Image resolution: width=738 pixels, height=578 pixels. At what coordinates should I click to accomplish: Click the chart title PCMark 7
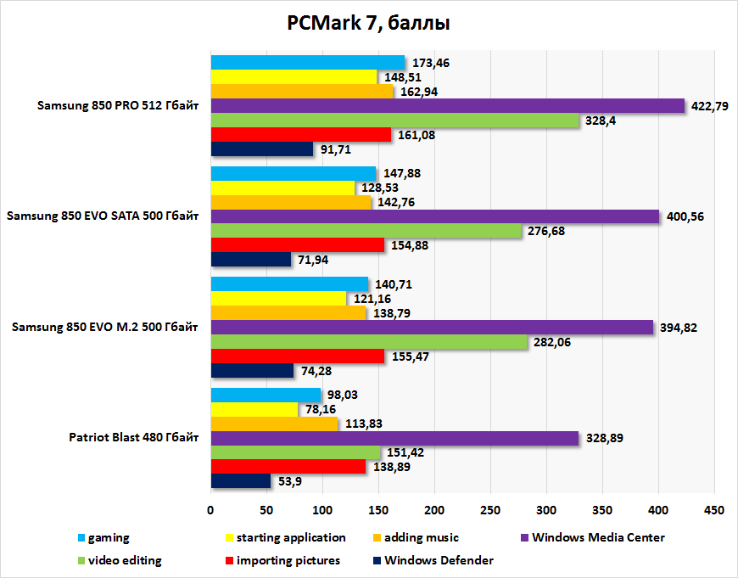[x=368, y=24]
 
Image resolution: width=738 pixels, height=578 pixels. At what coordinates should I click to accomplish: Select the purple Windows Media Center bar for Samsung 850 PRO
[x=447, y=106]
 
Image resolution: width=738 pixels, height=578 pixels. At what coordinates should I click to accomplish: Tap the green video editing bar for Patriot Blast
[x=295, y=452]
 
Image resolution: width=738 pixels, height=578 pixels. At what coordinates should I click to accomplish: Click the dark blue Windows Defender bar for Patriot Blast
[x=241, y=481]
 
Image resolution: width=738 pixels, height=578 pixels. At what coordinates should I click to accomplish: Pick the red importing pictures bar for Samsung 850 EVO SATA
[x=297, y=244]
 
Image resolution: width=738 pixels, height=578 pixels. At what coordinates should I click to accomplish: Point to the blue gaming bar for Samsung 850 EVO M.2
[x=289, y=284]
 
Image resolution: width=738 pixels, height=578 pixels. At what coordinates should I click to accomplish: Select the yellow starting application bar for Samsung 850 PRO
[x=294, y=77]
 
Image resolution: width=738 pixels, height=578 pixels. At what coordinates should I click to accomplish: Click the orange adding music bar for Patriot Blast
[x=274, y=424]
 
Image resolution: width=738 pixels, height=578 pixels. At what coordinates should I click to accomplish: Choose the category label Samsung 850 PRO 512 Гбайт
[x=118, y=106]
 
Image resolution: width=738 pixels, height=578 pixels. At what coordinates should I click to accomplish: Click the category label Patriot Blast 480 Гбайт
[x=134, y=438]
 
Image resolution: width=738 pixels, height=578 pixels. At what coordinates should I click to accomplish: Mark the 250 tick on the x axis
[x=490, y=510]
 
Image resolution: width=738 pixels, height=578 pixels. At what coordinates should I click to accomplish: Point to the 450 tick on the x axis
[x=714, y=510]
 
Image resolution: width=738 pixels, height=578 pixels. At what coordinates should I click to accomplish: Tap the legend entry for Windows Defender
[x=438, y=560]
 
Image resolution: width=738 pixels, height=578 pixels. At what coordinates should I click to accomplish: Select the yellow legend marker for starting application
[x=229, y=538]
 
